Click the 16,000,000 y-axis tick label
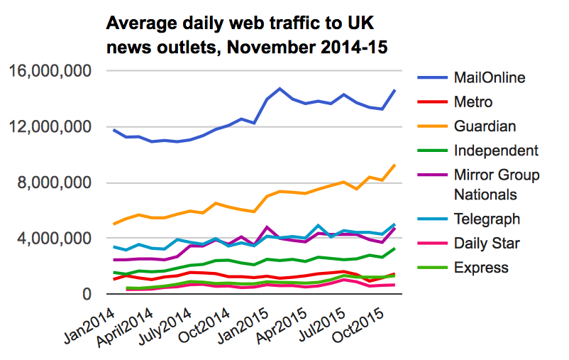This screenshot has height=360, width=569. [x=50, y=71]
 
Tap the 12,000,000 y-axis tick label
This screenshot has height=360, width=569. [x=50, y=127]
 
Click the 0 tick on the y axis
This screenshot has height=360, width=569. [x=87, y=294]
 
